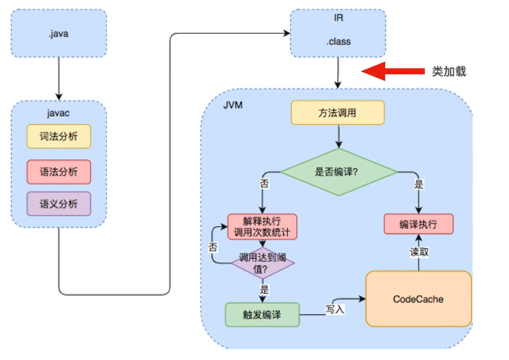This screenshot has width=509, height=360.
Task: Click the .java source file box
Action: (58, 34)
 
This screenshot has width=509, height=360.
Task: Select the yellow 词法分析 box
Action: (59, 136)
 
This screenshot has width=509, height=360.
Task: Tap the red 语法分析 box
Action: (59, 172)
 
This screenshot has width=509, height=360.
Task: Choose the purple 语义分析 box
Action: (59, 204)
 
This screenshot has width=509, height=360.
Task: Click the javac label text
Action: (58, 113)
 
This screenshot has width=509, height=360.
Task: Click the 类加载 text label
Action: (449, 71)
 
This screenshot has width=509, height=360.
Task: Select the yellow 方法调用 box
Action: (337, 113)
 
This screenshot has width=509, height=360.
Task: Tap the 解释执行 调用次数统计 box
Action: (262, 227)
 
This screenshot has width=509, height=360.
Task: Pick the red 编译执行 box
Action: (418, 224)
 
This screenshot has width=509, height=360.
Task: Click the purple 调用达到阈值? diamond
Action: (263, 263)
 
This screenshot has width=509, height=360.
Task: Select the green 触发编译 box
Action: (262, 315)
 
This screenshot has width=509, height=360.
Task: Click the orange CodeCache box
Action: (418, 299)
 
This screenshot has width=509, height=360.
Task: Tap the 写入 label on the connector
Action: (335, 309)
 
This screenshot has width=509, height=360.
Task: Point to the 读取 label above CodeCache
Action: (419, 252)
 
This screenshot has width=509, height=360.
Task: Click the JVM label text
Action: (233, 105)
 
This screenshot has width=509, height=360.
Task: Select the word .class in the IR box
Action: (338, 42)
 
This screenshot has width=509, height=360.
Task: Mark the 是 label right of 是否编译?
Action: (419, 184)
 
